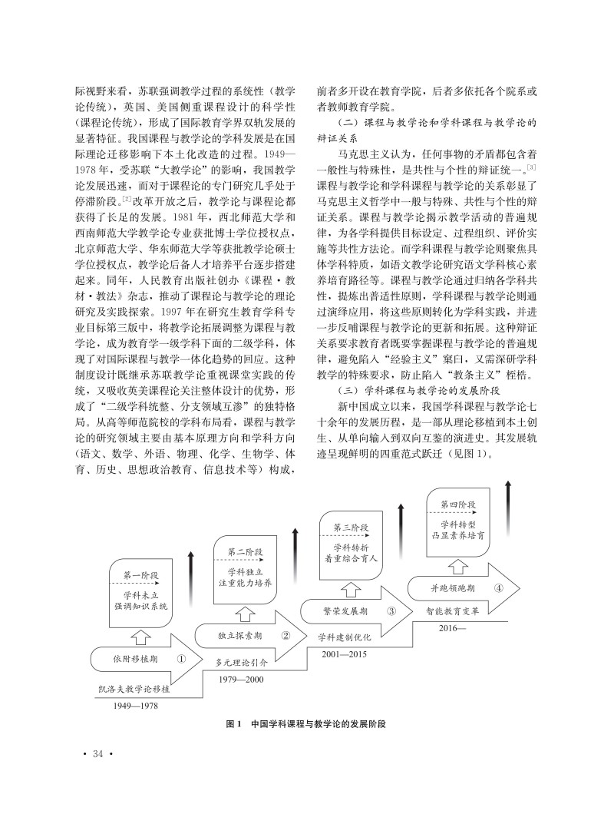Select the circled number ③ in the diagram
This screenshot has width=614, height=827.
[x=391, y=612]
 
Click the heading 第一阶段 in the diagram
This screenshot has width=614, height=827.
[x=139, y=576]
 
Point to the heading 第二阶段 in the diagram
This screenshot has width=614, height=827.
[x=246, y=552]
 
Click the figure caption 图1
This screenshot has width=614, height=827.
[x=235, y=724]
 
